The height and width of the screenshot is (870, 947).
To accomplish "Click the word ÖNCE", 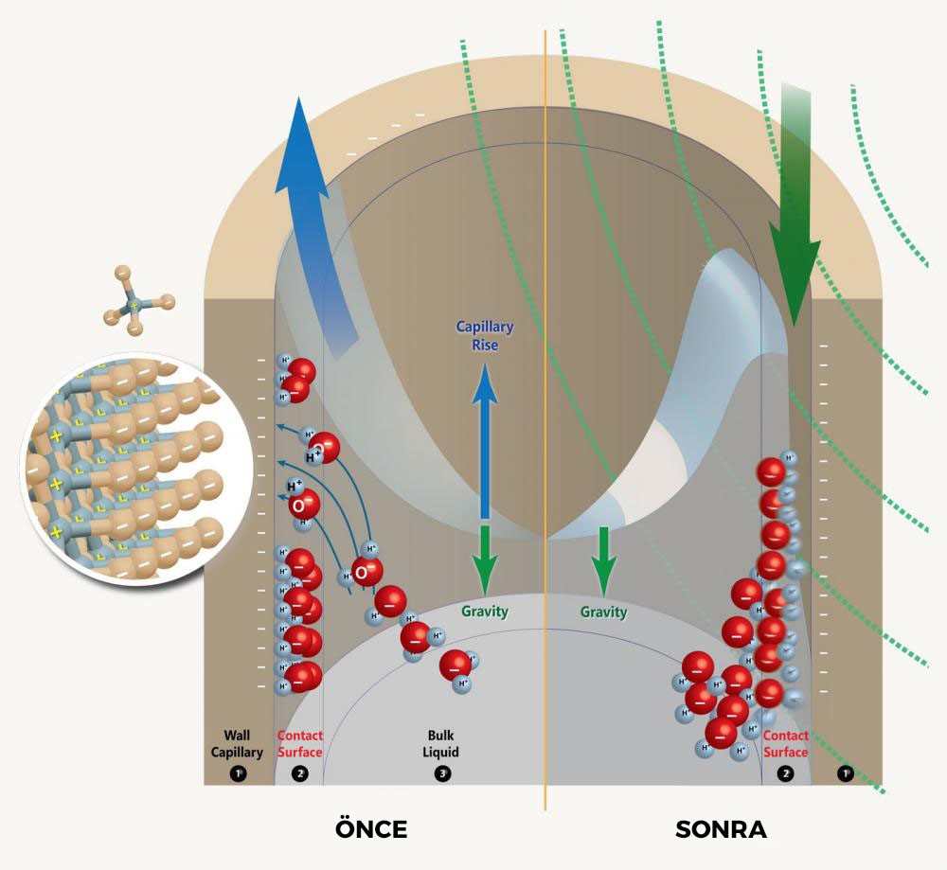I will [371, 829].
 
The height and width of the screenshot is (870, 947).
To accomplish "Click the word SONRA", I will [721, 829].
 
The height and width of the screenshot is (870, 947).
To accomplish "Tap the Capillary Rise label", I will [485, 335].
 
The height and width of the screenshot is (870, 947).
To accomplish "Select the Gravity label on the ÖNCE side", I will [485, 612].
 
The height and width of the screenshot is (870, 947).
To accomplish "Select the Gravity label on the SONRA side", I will [603, 613].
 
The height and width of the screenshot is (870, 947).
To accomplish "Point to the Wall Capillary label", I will [236, 743].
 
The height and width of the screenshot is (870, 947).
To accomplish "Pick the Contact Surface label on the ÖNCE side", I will [299, 743].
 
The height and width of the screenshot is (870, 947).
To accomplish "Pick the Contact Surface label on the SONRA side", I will [785, 743].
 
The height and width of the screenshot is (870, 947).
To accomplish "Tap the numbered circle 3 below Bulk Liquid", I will [441, 773].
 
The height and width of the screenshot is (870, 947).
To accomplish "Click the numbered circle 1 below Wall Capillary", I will [237, 773].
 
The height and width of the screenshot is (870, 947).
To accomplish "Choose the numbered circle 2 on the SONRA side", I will [785, 773].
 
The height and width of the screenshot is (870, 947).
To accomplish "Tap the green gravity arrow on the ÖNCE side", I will [485, 559].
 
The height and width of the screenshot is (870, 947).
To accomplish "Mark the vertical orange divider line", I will [545, 426].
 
